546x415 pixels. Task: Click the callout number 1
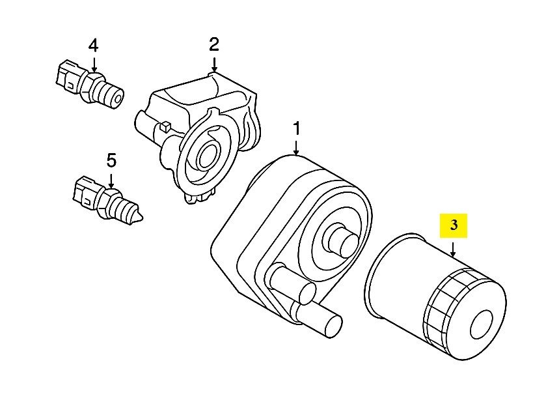pos(296,128)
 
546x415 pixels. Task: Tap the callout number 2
pos(214,45)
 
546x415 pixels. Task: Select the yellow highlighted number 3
pos(454,225)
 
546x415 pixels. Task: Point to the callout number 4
pos(93,46)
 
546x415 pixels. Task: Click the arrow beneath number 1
pos(296,147)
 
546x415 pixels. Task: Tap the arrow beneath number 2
pos(214,65)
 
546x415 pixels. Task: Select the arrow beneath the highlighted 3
pos(453,250)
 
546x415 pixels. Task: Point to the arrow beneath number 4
pos(93,65)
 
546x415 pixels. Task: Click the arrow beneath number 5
pos(111,181)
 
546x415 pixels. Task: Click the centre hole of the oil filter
pos(482,324)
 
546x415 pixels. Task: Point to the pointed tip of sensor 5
pos(139,218)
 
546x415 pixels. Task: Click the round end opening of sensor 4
pos(118,99)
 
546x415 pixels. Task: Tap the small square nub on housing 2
pos(165,126)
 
